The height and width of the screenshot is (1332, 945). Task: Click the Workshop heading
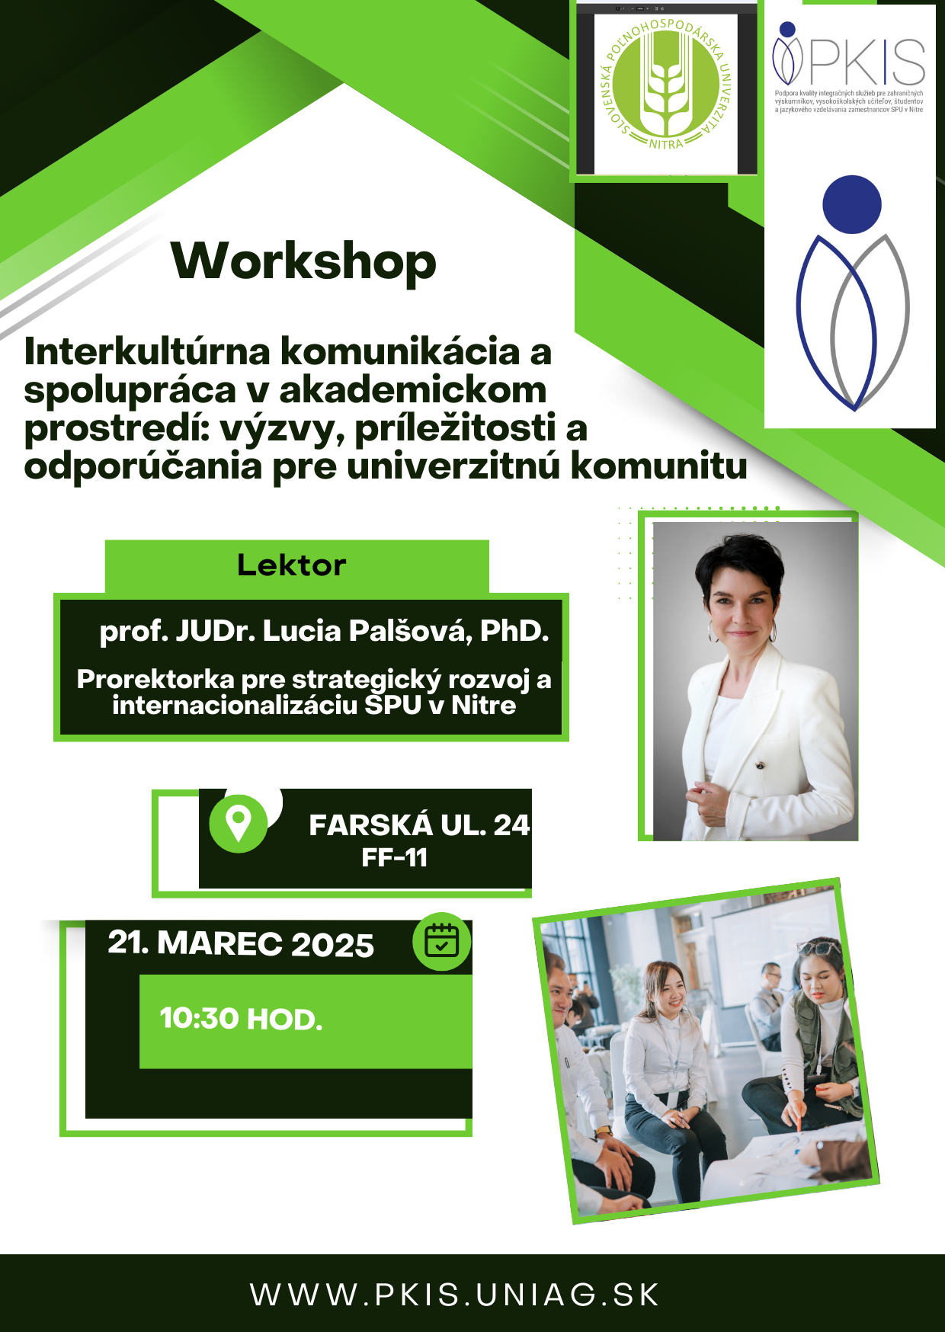(x=304, y=261)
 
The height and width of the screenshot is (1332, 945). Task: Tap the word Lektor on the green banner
(x=292, y=565)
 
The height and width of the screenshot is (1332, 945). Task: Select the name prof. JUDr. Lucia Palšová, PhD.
(x=324, y=632)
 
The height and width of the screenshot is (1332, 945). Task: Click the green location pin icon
(x=239, y=824)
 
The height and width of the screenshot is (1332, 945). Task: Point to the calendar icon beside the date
(x=441, y=941)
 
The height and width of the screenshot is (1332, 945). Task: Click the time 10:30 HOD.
(x=241, y=1019)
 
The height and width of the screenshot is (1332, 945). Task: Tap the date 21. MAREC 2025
(x=241, y=943)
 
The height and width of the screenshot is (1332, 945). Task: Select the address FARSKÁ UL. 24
(x=419, y=825)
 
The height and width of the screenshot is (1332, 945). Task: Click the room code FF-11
(x=395, y=858)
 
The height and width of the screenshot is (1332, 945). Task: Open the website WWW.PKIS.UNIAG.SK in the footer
(x=455, y=1295)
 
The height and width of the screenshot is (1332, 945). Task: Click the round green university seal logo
(x=666, y=82)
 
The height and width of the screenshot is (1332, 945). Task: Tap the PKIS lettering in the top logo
(x=868, y=62)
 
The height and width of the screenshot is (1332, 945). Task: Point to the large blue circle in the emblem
(x=852, y=204)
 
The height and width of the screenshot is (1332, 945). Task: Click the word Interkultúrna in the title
(x=148, y=352)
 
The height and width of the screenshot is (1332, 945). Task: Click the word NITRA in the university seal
(x=666, y=143)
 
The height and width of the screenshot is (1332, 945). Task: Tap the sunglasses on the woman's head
(x=818, y=947)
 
